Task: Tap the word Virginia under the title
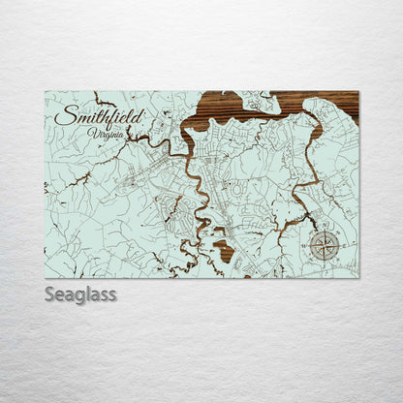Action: (x=106, y=134)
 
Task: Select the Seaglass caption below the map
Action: (x=80, y=294)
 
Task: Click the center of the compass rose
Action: (x=325, y=245)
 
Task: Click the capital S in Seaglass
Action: (x=51, y=294)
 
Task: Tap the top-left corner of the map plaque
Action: (x=46, y=92)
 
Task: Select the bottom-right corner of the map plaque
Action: (x=357, y=277)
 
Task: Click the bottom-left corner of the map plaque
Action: (x=46, y=277)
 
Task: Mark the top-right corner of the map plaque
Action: (x=357, y=92)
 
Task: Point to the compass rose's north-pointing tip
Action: (x=325, y=231)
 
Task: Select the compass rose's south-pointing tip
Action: (x=325, y=261)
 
